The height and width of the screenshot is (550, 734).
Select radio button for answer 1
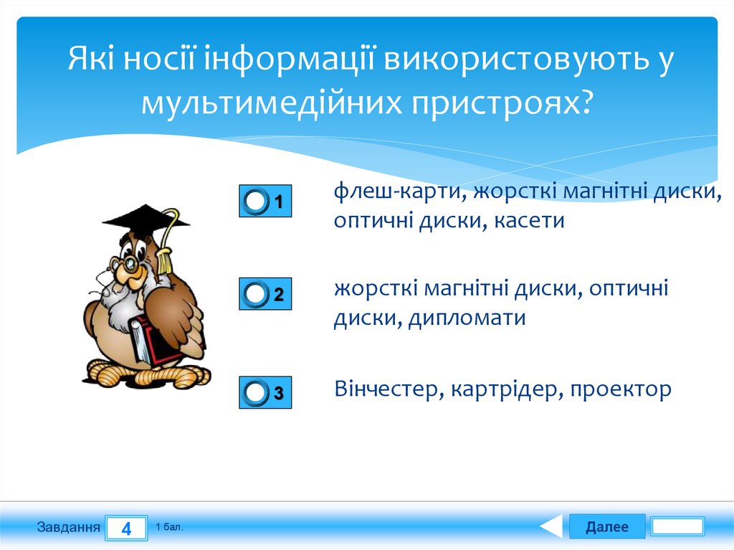tap(256, 201)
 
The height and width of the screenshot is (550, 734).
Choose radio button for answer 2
tap(256, 294)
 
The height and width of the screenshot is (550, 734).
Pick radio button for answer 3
tap(256, 392)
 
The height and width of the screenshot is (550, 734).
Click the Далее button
tap(606, 527)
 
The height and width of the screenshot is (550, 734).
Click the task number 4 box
tap(126, 529)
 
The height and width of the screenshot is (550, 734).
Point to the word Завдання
tap(68, 528)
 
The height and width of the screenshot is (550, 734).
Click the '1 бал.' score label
tap(169, 527)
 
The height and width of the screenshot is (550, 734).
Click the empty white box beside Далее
tap(677, 527)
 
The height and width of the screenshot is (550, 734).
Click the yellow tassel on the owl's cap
tap(166, 255)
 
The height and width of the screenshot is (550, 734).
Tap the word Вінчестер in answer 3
tap(386, 389)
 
